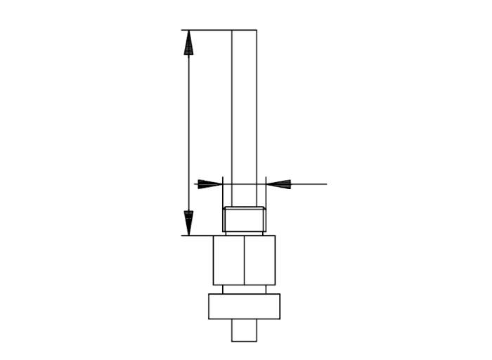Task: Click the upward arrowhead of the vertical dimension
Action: (188, 43)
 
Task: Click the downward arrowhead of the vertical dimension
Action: (188, 222)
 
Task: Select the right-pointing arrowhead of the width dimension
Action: (209, 184)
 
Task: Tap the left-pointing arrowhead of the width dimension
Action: (279, 184)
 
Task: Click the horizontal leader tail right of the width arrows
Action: (309, 184)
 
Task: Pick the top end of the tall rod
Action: (244, 31)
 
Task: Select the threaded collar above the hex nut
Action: (244, 219)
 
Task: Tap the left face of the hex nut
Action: (228, 260)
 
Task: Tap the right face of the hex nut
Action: (259, 260)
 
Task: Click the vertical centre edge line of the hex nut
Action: (244, 260)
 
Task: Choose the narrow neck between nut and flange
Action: (244, 289)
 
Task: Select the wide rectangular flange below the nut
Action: (244, 307)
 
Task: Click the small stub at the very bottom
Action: (244, 330)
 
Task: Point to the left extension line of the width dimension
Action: (223, 191)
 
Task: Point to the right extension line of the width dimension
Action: (266, 191)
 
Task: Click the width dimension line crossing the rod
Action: (244, 184)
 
